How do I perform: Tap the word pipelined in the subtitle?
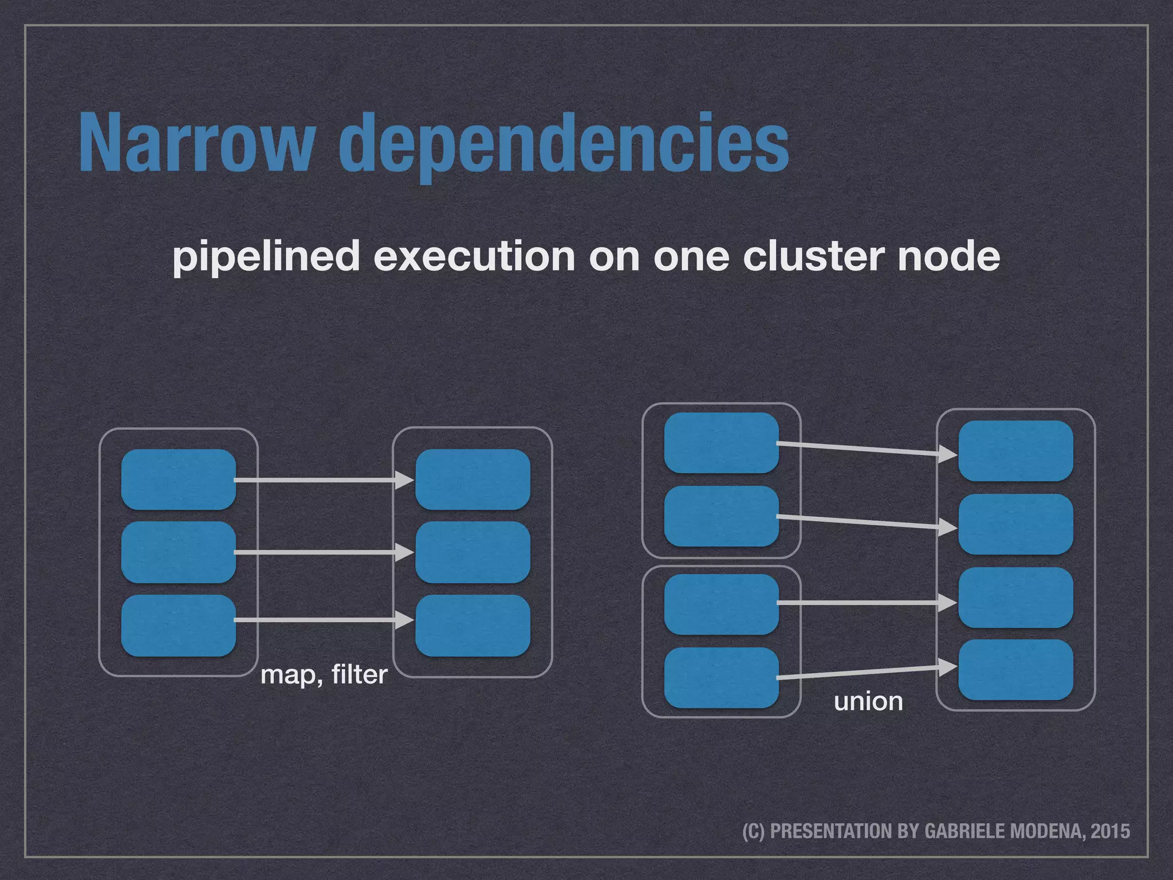266,256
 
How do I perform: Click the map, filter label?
324,675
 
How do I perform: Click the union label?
868,701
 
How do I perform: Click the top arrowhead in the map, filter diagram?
406,480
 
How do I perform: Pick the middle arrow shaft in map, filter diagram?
315,552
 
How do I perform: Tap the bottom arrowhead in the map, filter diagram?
406,620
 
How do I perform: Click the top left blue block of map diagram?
179,480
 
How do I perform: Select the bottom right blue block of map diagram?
473,625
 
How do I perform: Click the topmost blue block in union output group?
1015,451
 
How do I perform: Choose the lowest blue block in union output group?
1015,670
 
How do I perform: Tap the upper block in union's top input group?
721,443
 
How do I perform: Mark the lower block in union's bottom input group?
721,678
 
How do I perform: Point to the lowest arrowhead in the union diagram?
948,667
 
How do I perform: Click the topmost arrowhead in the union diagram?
948,455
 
